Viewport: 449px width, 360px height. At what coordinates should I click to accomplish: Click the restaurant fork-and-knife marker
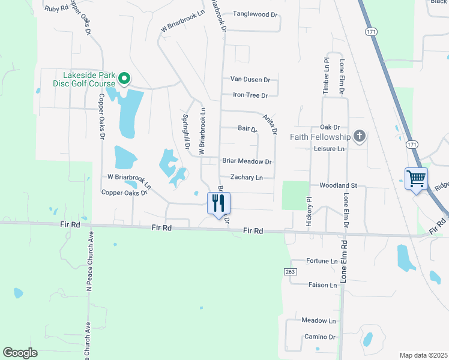(x=218, y=203)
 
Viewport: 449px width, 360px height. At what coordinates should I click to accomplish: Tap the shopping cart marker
(x=416, y=178)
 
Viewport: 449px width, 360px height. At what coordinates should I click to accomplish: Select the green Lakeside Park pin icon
(x=124, y=78)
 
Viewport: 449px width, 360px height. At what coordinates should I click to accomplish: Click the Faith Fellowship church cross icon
(x=360, y=136)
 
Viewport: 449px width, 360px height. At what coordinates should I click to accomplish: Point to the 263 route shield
(x=289, y=272)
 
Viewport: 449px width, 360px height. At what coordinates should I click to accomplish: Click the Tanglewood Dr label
(x=255, y=13)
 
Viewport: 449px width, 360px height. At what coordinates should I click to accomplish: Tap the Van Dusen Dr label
(x=250, y=79)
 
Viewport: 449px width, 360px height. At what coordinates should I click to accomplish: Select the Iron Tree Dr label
(x=250, y=95)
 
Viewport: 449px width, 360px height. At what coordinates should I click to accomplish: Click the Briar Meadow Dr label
(x=247, y=161)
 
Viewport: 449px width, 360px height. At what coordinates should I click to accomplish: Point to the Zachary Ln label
(x=247, y=178)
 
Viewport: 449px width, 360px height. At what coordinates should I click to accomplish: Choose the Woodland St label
(x=338, y=186)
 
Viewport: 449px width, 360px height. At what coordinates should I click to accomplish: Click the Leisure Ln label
(x=330, y=148)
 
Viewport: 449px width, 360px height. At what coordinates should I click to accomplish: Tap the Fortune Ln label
(x=322, y=261)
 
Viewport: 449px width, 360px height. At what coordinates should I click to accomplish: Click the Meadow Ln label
(x=319, y=321)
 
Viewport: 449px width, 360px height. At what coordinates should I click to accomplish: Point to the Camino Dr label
(x=319, y=337)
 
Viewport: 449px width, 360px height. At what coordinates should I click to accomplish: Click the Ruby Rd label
(x=56, y=9)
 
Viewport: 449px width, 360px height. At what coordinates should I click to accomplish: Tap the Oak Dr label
(x=330, y=127)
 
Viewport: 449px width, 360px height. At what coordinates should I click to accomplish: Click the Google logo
(x=20, y=353)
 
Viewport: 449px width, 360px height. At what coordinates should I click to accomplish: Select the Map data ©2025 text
(x=423, y=355)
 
